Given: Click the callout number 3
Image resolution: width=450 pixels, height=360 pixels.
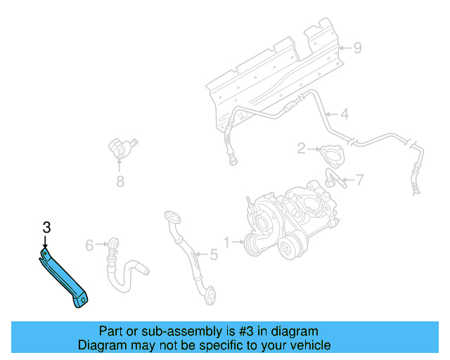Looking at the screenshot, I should pyautogui.click(x=46, y=227).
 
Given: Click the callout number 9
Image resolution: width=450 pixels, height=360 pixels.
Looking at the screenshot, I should pyautogui.click(x=357, y=48).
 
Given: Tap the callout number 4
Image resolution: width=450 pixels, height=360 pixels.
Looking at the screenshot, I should pyautogui.click(x=345, y=114).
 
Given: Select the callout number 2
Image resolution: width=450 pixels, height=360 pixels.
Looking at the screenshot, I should pyautogui.click(x=301, y=148).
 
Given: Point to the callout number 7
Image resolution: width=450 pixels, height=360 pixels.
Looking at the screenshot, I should pyautogui.click(x=359, y=180).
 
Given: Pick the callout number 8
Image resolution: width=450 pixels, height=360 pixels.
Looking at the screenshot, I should pyautogui.click(x=120, y=184).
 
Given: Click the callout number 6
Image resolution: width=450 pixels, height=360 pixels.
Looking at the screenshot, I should pyautogui.click(x=89, y=245).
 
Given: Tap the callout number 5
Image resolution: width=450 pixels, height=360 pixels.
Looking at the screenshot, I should pyautogui.click(x=214, y=254).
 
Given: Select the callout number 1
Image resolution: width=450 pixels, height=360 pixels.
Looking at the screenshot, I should pyautogui.click(x=227, y=243).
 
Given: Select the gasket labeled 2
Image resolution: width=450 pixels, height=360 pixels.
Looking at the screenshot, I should pyautogui.click(x=328, y=154).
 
